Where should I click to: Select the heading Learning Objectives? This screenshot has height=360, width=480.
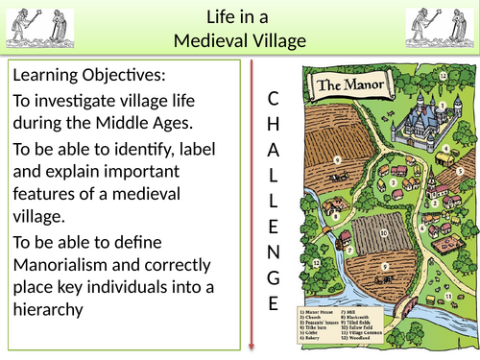pyautogui.click(x=82, y=76)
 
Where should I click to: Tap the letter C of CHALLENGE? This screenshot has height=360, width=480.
pyautogui.click(x=273, y=99)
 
